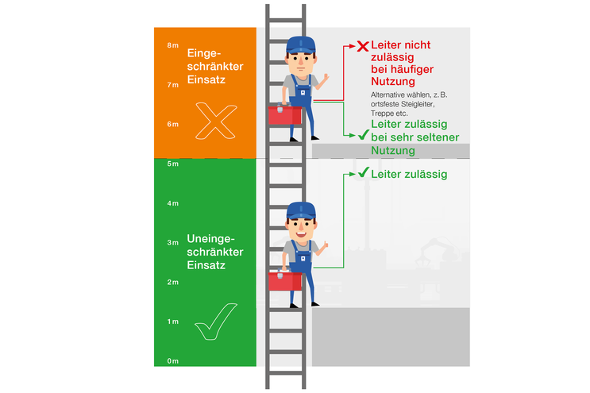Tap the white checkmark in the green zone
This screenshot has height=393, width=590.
click(x=215, y=321)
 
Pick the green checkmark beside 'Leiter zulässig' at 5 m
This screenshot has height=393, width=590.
click(x=362, y=173)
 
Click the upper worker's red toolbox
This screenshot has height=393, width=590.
click(x=283, y=114)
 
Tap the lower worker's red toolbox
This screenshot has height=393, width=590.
click(x=283, y=280)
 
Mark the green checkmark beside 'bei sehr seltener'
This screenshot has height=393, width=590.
click(x=362, y=137)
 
